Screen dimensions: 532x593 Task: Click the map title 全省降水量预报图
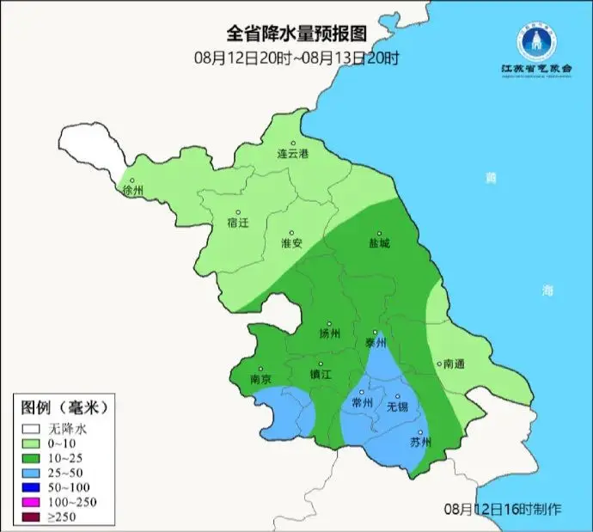pyautogui.click(x=296, y=34)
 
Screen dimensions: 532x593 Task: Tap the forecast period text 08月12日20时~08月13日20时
pyautogui.click(x=296, y=58)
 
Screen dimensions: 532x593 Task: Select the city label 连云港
pyautogui.click(x=292, y=154)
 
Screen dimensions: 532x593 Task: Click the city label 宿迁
pyautogui.click(x=238, y=222)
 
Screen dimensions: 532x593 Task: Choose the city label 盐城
pyautogui.click(x=379, y=242)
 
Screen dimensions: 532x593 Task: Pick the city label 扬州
pyautogui.click(x=330, y=333)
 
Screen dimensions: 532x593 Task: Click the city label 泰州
pyautogui.click(x=376, y=342)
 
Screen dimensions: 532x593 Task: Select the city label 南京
pyautogui.click(x=260, y=379)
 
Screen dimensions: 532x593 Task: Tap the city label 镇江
pyautogui.click(x=321, y=375)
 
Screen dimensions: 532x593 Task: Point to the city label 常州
pyautogui.click(x=363, y=402)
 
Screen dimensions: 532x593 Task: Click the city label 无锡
pyautogui.click(x=397, y=406)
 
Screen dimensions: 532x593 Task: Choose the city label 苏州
pyautogui.click(x=419, y=443)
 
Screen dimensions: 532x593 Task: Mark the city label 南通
pyautogui.click(x=453, y=364)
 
